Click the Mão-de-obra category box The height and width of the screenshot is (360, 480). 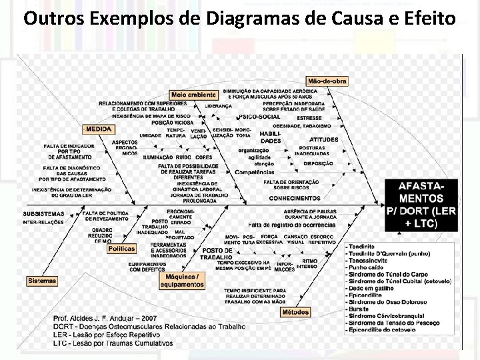pyautogui.click(x=327, y=81)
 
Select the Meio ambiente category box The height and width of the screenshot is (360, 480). pyautogui.click(x=193, y=95)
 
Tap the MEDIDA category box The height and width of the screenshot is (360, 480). pyautogui.click(x=98, y=128)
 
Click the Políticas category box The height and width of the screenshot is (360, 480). pyautogui.click(x=122, y=249)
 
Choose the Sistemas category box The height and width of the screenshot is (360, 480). pyautogui.click(x=42, y=281)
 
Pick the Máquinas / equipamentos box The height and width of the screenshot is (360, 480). pyautogui.click(x=181, y=280)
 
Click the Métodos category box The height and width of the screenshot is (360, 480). pyautogui.click(x=296, y=311)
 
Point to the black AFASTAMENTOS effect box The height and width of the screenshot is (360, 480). pyautogui.click(x=421, y=203)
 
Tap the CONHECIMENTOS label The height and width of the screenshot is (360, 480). pyautogui.click(x=295, y=198)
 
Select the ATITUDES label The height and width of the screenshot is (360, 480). pyautogui.click(x=323, y=139)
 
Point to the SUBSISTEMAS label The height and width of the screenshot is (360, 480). pyautogui.click(x=44, y=214)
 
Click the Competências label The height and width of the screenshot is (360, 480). pyautogui.click(x=254, y=172)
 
